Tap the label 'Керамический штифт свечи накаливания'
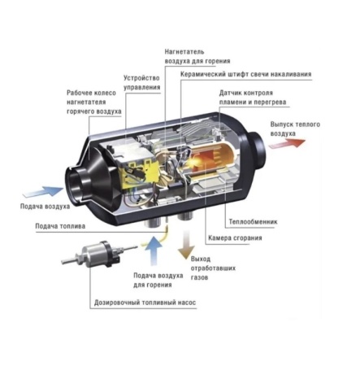[x=245, y=74]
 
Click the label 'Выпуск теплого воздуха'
[x=289, y=128]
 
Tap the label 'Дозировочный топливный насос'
[x=145, y=302]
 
